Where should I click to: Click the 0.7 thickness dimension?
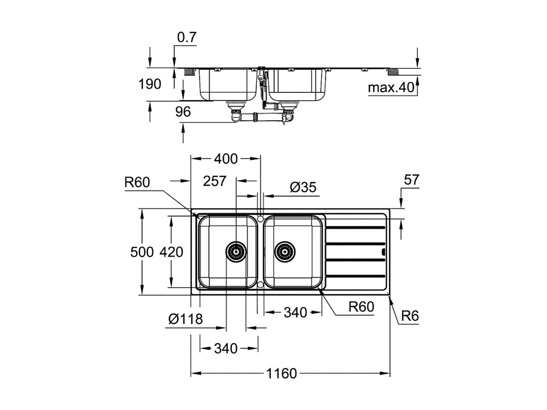[x=187, y=38]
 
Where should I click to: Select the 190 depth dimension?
[x=150, y=84]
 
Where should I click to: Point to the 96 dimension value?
[x=183, y=111]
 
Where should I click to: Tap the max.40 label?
[x=391, y=88]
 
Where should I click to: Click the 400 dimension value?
[x=225, y=159]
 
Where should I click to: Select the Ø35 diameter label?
[x=303, y=187]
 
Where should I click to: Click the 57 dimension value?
[x=411, y=180]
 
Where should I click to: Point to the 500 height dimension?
[x=142, y=252]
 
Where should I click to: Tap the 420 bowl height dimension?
[x=171, y=252]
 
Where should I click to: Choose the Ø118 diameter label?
[x=186, y=319]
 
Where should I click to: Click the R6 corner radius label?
[x=409, y=316]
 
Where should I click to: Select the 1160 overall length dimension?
[x=281, y=374]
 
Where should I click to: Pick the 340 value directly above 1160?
[x=225, y=348]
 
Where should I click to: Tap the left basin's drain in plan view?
[x=235, y=251]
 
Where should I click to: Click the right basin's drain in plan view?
[x=284, y=251]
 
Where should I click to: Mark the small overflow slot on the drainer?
[x=383, y=251]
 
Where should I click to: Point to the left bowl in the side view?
[x=227, y=84]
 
